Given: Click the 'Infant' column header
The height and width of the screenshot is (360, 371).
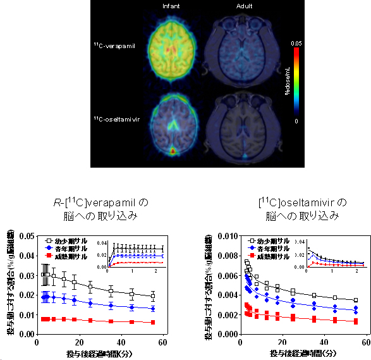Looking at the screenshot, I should point(171,6).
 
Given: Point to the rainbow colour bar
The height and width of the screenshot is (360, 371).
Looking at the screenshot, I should point(296,81).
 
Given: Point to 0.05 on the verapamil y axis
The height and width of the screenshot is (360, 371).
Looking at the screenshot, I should point(25,236).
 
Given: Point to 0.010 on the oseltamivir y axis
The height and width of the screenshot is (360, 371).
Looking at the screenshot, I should point(226,236).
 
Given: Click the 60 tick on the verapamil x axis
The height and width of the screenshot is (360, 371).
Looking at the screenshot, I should point(163,342).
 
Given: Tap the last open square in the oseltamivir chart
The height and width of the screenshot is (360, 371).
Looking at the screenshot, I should point(356,301).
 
